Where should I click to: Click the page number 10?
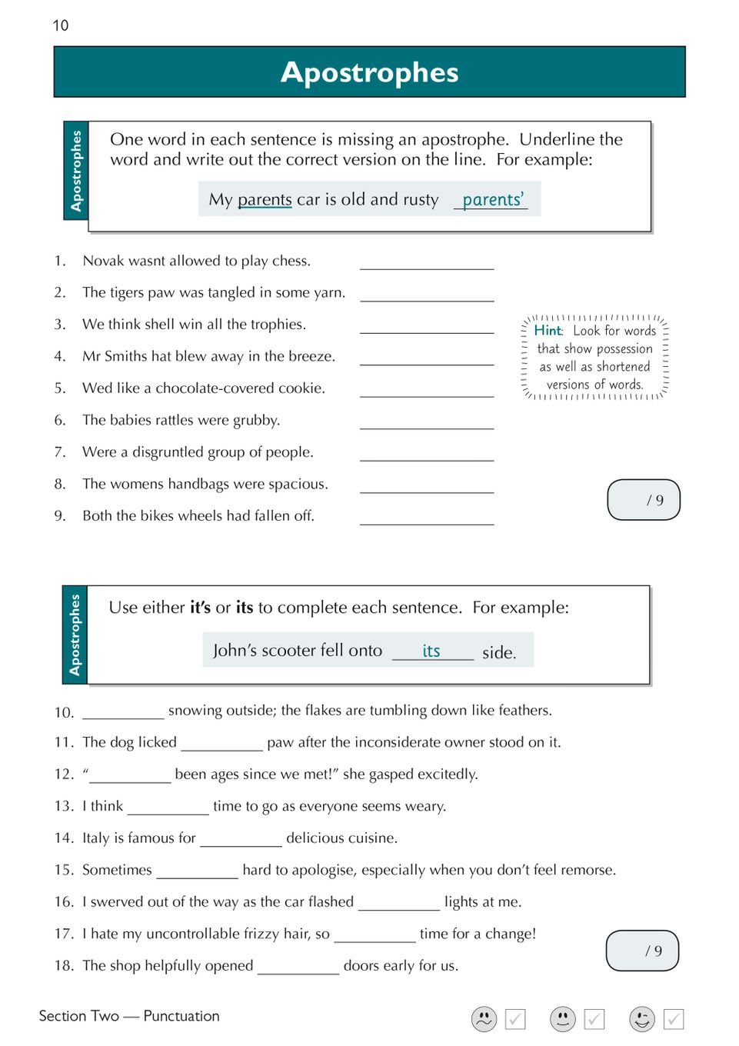[61, 25]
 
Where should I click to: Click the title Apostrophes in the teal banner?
[369, 72]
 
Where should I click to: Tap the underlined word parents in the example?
[265, 200]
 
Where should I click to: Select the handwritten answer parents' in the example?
[492, 200]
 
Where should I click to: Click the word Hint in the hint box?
[548, 331]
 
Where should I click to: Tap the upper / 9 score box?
[644, 500]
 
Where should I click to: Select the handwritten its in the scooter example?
[431, 651]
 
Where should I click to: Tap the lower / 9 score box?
[642, 951]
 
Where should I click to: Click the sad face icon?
[484, 1019]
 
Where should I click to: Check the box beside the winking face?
[674, 1019]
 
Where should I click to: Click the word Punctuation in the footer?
[181, 1016]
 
